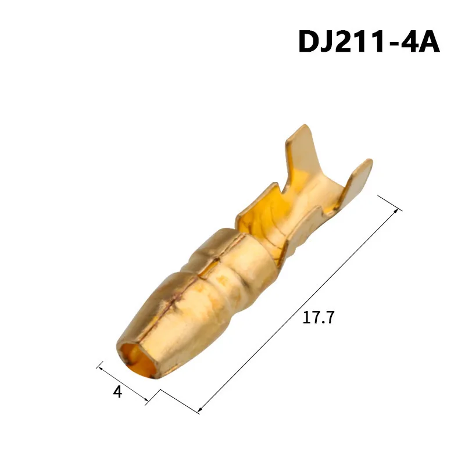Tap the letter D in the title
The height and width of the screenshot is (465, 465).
[x=311, y=42]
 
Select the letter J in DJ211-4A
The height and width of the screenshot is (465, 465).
[x=333, y=42]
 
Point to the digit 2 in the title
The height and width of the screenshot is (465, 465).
[x=350, y=42]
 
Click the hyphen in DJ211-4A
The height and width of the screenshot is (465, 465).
[x=395, y=44]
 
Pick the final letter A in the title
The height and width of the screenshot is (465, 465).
[x=427, y=42]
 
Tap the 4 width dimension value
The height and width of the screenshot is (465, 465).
[x=118, y=392]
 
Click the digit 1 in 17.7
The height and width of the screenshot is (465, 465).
[x=307, y=318]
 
